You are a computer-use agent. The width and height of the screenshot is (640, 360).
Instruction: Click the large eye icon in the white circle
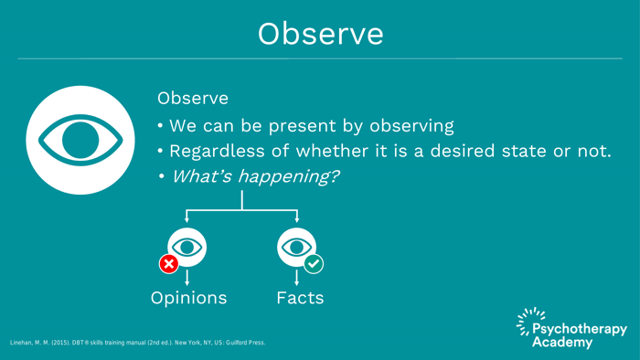click(80, 140)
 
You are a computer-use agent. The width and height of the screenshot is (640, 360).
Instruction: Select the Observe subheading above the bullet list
click(192, 97)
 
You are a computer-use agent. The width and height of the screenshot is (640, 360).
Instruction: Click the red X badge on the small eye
click(169, 264)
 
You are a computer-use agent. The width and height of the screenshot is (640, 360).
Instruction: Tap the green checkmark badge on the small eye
click(314, 264)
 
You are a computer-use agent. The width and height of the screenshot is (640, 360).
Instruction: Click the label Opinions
click(188, 299)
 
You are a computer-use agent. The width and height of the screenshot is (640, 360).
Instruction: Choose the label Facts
click(300, 299)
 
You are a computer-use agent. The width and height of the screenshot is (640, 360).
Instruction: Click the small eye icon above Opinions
click(188, 247)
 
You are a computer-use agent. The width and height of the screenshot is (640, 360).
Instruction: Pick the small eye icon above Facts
click(296, 247)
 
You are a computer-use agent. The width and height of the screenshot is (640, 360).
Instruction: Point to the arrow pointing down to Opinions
click(188, 279)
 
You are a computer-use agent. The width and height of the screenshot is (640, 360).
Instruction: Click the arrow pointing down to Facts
click(296, 279)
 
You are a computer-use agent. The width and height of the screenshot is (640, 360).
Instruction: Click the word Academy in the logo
click(562, 343)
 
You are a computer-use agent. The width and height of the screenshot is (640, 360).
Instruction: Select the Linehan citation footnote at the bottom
click(138, 343)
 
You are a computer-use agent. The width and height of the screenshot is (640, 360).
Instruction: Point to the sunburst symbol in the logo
click(526, 323)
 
